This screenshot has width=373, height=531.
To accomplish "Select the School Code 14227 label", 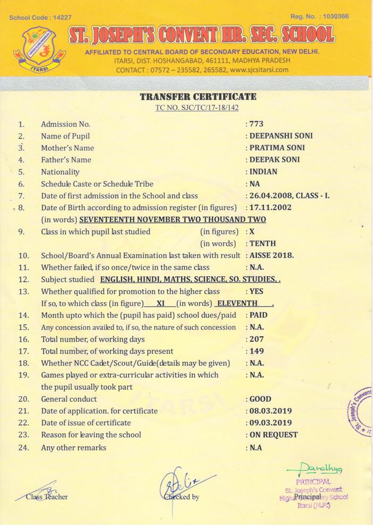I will [x=40, y=18].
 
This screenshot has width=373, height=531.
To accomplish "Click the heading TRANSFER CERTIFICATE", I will [x=197, y=97].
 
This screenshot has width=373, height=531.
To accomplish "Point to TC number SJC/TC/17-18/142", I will [x=197, y=107].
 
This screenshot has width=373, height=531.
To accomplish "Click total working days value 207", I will [x=257, y=339].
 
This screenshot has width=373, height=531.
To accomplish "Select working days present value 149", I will [x=257, y=350].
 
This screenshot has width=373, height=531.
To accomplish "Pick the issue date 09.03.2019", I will [x=271, y=423].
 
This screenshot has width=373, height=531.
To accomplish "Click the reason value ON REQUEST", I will [x=274, y=434].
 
